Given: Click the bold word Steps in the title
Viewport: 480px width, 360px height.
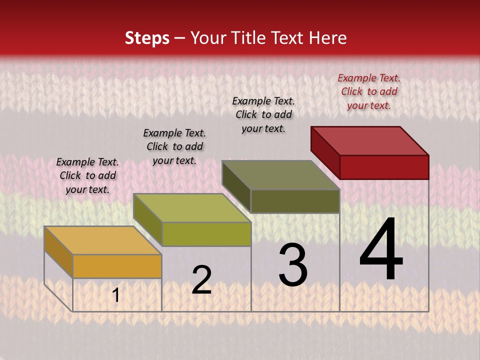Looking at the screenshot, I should tap(147, 38).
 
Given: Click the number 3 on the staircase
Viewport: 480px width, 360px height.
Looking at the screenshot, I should tap(293, 265).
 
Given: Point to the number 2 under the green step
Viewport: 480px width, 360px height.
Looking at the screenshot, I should tap(201, 280).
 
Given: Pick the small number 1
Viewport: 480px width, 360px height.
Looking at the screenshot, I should tap(116, 295).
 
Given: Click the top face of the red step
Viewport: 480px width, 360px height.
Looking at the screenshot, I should tap(370, 140).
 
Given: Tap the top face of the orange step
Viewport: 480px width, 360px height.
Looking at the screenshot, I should tap(103, 240).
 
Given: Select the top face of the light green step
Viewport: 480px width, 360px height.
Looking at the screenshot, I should tap(192, 207).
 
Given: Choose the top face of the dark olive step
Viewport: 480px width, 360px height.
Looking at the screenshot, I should tap(281, 175).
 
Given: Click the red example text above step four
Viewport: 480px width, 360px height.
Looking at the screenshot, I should tap(369, 91).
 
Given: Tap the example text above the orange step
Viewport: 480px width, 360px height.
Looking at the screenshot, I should tap(87, 175).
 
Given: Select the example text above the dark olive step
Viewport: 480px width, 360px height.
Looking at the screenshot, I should tap(263, 114).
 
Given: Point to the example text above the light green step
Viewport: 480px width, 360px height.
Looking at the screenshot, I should tap(174, 146).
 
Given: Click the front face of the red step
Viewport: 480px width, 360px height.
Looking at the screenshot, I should tap(384, 167).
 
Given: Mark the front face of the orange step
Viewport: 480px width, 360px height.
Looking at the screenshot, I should tap(117, 266).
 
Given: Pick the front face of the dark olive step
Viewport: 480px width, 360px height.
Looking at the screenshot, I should tap(295, 201).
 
